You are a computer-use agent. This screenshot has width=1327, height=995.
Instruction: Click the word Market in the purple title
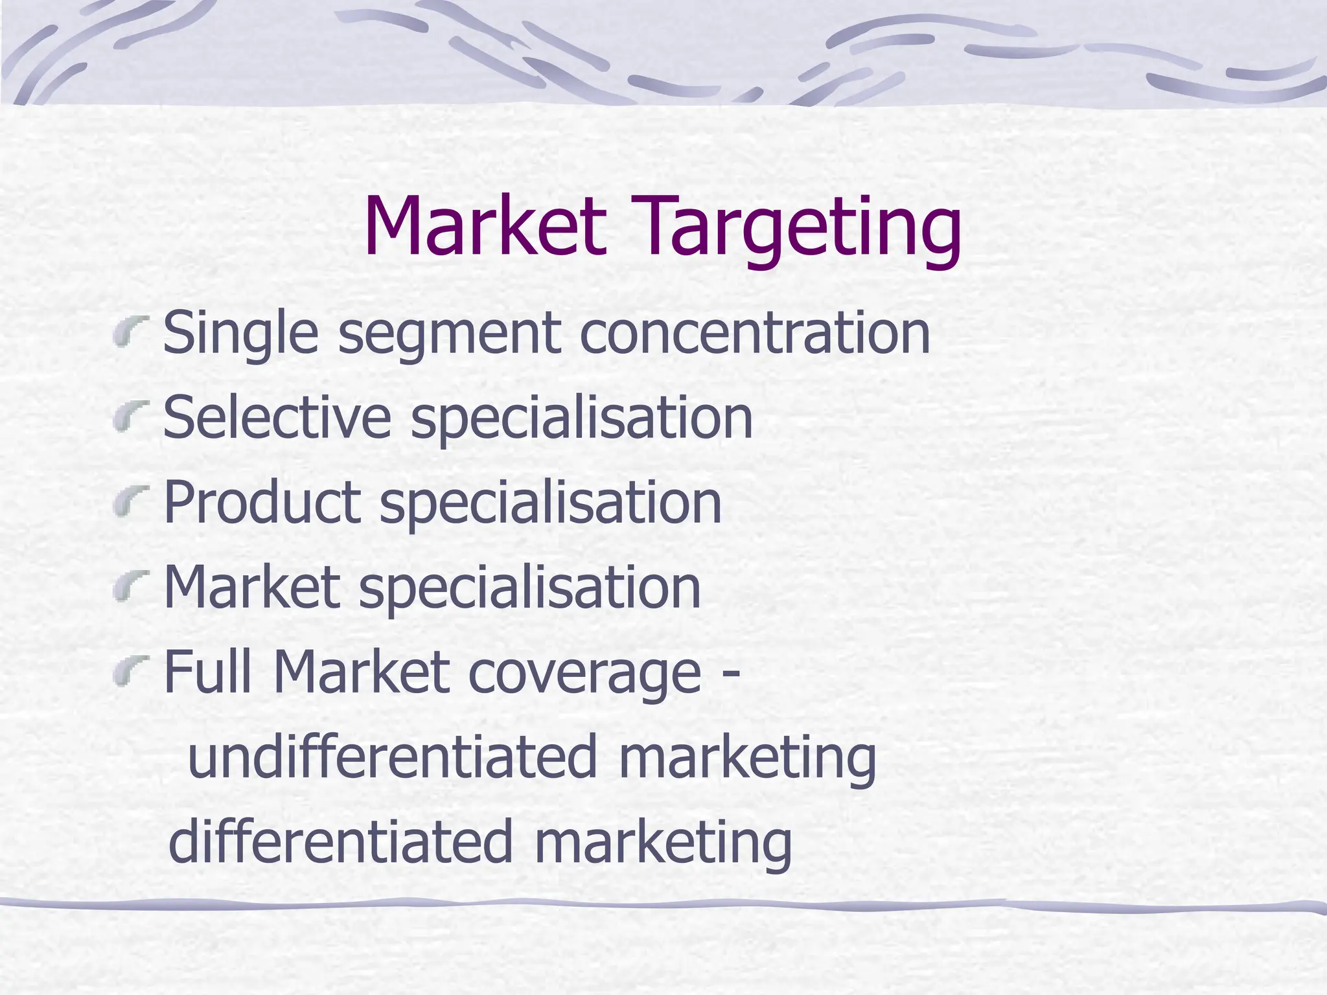[486, 227]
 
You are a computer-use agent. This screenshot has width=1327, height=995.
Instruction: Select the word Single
[240, 334]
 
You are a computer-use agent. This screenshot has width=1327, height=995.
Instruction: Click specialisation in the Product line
[551, 503]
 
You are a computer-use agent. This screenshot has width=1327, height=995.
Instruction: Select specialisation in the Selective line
[582, 418]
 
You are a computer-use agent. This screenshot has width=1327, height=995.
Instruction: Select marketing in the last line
[662, 842]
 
